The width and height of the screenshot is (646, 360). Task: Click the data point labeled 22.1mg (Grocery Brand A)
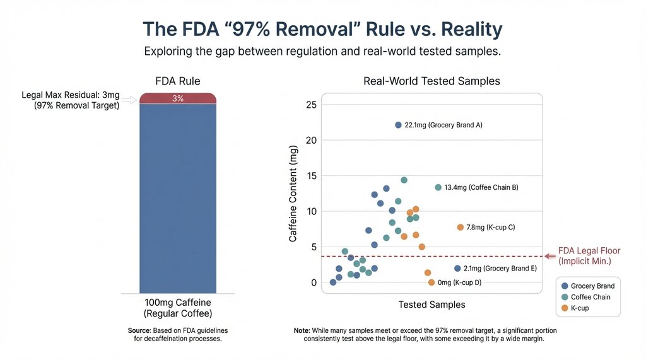point(398,125)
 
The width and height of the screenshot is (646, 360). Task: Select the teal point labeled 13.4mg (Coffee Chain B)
point(438,187)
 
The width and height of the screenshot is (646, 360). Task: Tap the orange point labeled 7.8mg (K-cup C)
point(461,227)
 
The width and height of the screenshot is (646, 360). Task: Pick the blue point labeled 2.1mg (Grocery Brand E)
point(457,269)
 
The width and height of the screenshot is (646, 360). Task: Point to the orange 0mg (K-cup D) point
point(432,282)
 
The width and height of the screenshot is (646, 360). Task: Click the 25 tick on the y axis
point(310,104)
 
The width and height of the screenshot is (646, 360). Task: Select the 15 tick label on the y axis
point(310,175)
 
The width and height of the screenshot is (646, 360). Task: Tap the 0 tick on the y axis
point(313,282)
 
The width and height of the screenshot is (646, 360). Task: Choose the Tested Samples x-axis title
point(432,305)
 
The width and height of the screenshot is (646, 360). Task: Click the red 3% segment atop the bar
point(177,98)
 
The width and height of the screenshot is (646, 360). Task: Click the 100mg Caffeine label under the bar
point(177,303)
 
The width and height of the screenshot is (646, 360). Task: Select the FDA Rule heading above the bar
point(177,81)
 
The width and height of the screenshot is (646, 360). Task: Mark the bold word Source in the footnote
point(139,330)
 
